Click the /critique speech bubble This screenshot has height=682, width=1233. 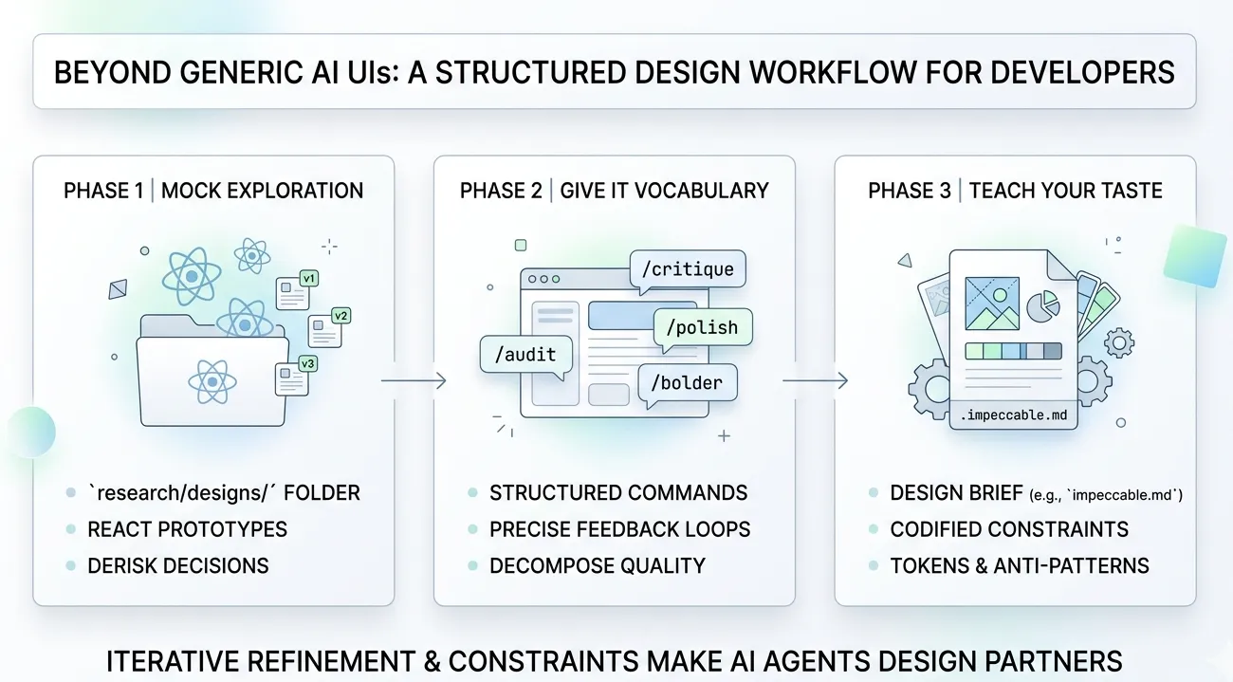click(x=687, y=269)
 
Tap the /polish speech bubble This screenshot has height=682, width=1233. click(x=703, y=328)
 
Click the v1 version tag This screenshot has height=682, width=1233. click(x=308, y=279)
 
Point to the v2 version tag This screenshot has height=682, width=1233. click(x=341, y=316)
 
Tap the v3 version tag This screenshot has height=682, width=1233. click(x=307, y=363)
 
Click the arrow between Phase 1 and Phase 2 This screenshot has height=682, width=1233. click(x=414, y=381)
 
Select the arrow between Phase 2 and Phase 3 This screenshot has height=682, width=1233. click(x=815, y=381)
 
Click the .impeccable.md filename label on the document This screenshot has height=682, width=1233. click(x=1014, y=415)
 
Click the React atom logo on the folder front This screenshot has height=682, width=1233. click(x=212, y=381)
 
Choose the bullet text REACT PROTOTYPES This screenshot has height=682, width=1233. click(x=187, y=529)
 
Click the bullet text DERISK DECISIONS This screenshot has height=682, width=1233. click(x=178, y=566)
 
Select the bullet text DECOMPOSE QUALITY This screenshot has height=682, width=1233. click(x=598, y=566)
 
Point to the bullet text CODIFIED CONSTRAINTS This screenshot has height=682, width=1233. click(x=1009, y=529)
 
